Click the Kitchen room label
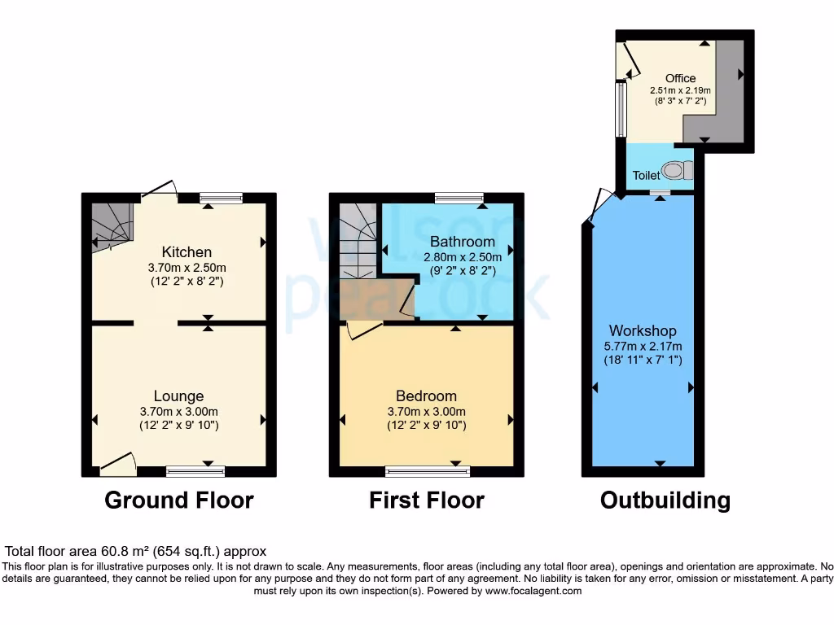point(187,252)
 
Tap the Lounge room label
point(179,396)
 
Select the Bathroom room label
point(462,242)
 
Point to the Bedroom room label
point(426,396)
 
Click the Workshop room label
point(643,331)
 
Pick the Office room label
point(680,78)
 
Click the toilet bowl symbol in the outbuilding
point(675,171)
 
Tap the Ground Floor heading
point(179,500)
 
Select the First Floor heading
point(426,500)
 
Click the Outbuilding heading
point(665,500)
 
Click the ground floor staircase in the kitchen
point(111,225)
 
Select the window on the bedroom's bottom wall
point(428,470)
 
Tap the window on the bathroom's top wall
point(459,198)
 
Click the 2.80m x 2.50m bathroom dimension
point(462,257)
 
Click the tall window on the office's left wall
point(620,111)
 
